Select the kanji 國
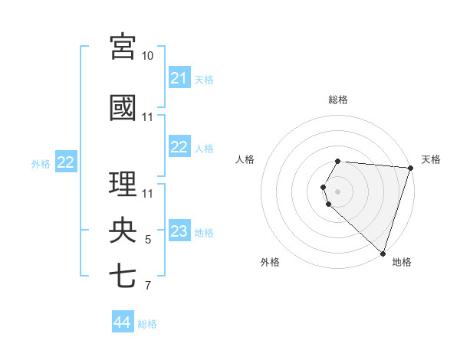click(123, 107)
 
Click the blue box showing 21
click(179, 78)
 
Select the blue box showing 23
click(179, 232)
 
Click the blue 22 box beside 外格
click(66, 162)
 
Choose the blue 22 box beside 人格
click(179, 148)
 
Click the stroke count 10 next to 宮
click(148, 56)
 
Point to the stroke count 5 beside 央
click(148, 241)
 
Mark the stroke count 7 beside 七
click(148, 286)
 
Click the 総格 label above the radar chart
click(338, 100)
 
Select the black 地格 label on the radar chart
click(402, 262)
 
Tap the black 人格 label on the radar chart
click(245, 159)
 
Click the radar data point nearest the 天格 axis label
click(410, 168)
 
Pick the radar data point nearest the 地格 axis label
click(383, 253)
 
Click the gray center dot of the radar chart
click(338, 191)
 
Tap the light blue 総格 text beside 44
click(147, 324)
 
